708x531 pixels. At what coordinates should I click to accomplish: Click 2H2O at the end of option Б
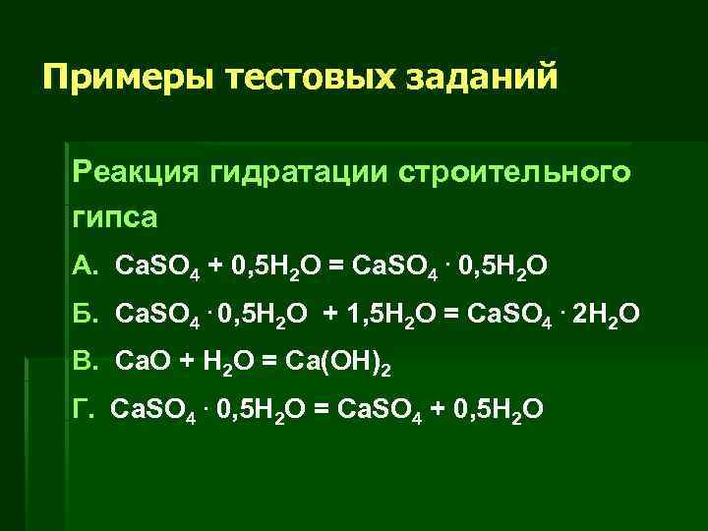(x=605, y=314)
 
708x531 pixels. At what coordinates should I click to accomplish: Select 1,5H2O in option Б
(x=386, y=314)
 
